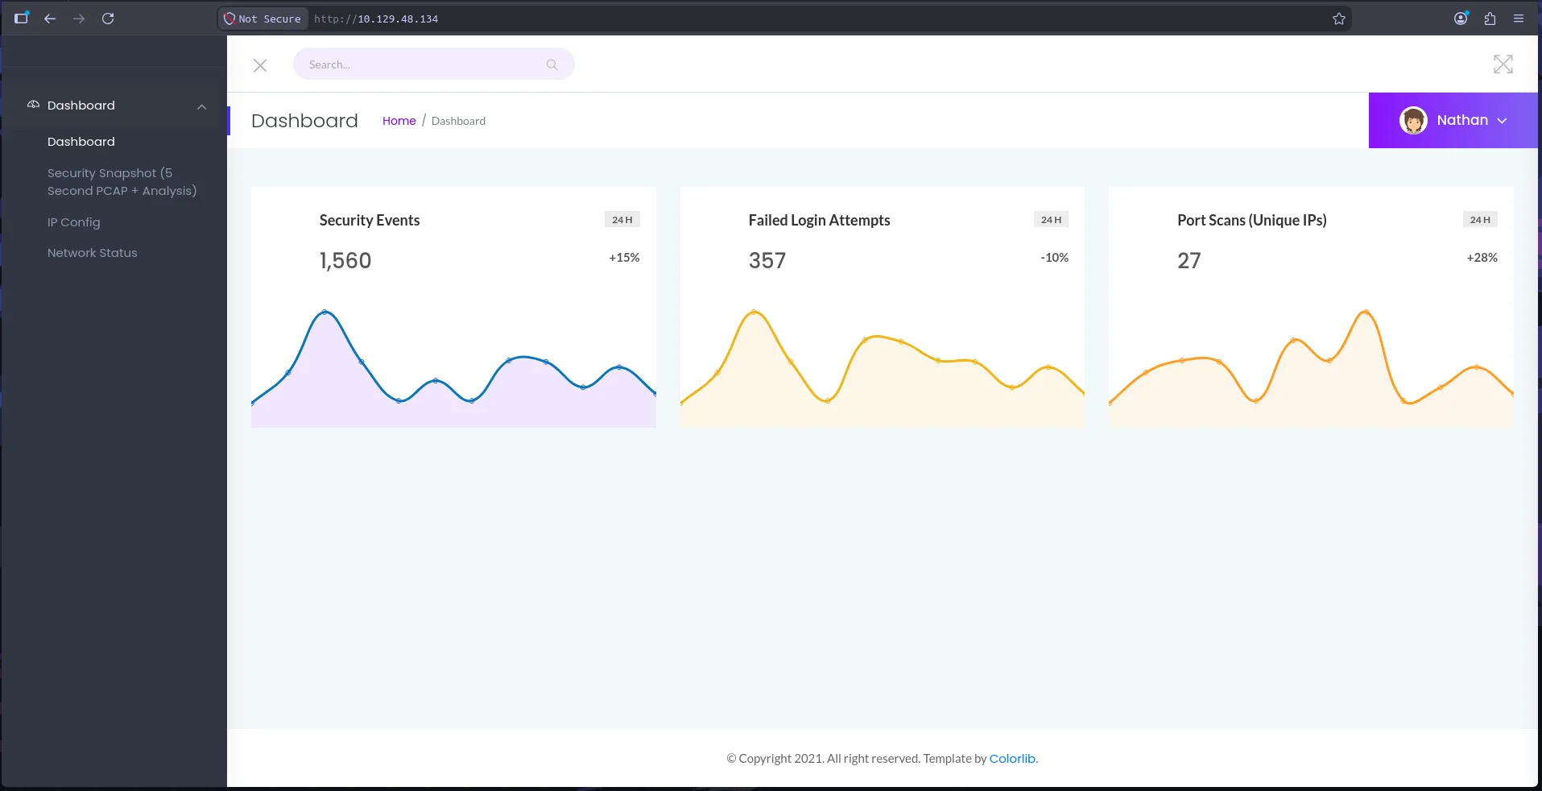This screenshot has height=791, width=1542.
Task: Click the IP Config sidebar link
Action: point(74,222)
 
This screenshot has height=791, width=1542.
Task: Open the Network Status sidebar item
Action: point(93,253)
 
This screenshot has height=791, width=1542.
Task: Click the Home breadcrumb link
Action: point(399,121)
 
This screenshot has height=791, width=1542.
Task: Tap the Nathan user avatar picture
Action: point(1413,121)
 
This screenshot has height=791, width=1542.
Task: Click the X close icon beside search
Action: point(260,65)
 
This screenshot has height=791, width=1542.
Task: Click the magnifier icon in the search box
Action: point(552,64)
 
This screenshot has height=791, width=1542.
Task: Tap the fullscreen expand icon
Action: point(1503,64)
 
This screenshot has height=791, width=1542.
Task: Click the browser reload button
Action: point(108,19)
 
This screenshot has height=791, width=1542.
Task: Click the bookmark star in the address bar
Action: point(1339,19)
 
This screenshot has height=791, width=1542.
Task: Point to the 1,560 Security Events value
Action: point(345,261)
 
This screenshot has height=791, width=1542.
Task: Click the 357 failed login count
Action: point(767,261)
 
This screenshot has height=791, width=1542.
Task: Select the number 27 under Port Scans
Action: point(1189,261)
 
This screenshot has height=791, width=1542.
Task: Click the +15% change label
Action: point(624,258)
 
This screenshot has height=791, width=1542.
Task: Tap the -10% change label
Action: point(1055,258)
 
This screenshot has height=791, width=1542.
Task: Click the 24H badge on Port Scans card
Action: point(1480,220)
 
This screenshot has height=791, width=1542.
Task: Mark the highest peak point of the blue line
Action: point(325,312)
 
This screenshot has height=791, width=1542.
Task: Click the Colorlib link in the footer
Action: point(1013,759)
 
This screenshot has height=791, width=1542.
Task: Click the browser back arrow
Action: point(50,19)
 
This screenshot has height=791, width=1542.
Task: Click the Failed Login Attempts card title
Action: point(820,221)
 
